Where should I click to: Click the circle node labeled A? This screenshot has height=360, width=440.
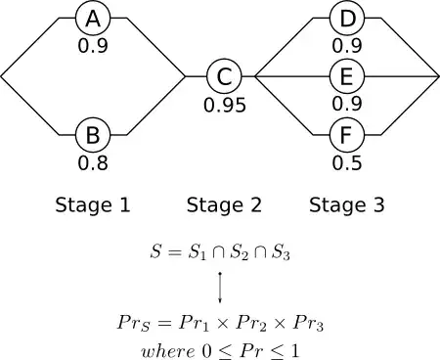tap(93, 19)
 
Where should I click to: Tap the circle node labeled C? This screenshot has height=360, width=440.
tap(224, 75)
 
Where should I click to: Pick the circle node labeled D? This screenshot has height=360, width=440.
tap(346, 19)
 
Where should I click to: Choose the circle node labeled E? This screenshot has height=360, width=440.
tap(346, 75)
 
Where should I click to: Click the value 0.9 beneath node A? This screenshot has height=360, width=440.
tap(93, 45)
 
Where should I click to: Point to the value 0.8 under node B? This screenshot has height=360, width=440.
tap(93, 162)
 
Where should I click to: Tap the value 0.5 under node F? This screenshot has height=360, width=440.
tap(346, 162)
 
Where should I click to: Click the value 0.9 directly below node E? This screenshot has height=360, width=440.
tap(346, 103)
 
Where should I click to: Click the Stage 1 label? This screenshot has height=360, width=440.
tap(93, 205)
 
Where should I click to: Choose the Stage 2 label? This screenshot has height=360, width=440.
tap(224, 205)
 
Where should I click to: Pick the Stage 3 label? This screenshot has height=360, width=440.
tap(346, 205)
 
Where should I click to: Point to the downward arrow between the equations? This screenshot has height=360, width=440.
tap(220, 288)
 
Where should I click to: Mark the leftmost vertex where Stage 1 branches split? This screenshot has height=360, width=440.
tap(2, 75)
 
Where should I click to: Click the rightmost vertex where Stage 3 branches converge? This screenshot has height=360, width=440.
tap(437, 75)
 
